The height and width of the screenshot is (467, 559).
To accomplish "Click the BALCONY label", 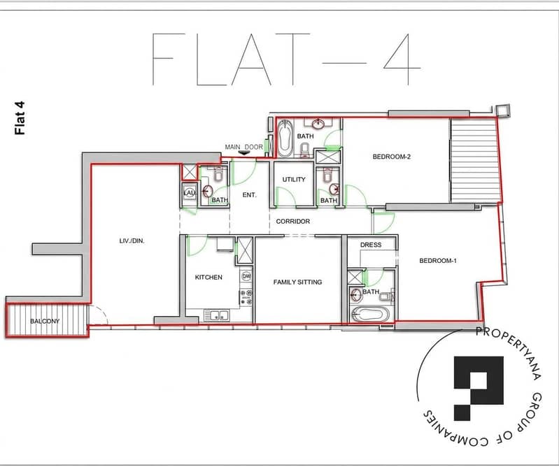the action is pyautogui.click(x=45, y=321).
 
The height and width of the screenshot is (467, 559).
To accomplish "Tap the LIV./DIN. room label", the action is pyautogui.click(x=132, y=240).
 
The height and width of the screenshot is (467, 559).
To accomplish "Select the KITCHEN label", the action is pyautogui.click(x=208, y=277).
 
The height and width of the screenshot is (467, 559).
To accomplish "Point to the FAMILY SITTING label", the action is pyautogui.click(x=297, y=282).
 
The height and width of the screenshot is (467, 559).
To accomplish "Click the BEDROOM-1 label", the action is pyautogui.click(x=438, y=261).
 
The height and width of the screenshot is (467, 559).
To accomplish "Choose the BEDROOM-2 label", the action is pyautogui.click(x=392, y=157).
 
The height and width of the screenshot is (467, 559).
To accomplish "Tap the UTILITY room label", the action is pyautogui.click(x=294, y=180).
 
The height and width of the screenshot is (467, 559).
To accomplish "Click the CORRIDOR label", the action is pyautogui.click(x=292, y=221).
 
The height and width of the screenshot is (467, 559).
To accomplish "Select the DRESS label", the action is pyautogui.click(x=371, y=245).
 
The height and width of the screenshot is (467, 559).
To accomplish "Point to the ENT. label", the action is pyautogui.click(x=249, y=195).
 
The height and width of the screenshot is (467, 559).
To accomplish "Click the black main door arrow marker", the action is pyautogui.click(x=244, y=152).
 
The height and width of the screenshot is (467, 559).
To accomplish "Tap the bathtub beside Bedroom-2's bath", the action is pyautogui.click(x=285, y=138).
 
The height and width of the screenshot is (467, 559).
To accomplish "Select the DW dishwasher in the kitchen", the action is pyautogui.click(x=246, y=276).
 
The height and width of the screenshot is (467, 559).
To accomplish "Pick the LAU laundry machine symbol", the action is pyautogui.click(x=190, y=193).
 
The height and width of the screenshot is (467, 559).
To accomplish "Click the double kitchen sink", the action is pyautogui.click(x=216, y=315).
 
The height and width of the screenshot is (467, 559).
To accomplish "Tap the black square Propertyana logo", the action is pyautogui.click(x=479, y=388).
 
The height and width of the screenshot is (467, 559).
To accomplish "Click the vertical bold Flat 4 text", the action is pyautogui.click(x=20, y=118).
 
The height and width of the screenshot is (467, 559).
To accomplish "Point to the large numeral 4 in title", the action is pyautogui.click(x=402, y=59).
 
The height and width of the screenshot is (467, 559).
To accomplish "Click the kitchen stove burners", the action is pyautogui.click(x=246, y=297).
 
